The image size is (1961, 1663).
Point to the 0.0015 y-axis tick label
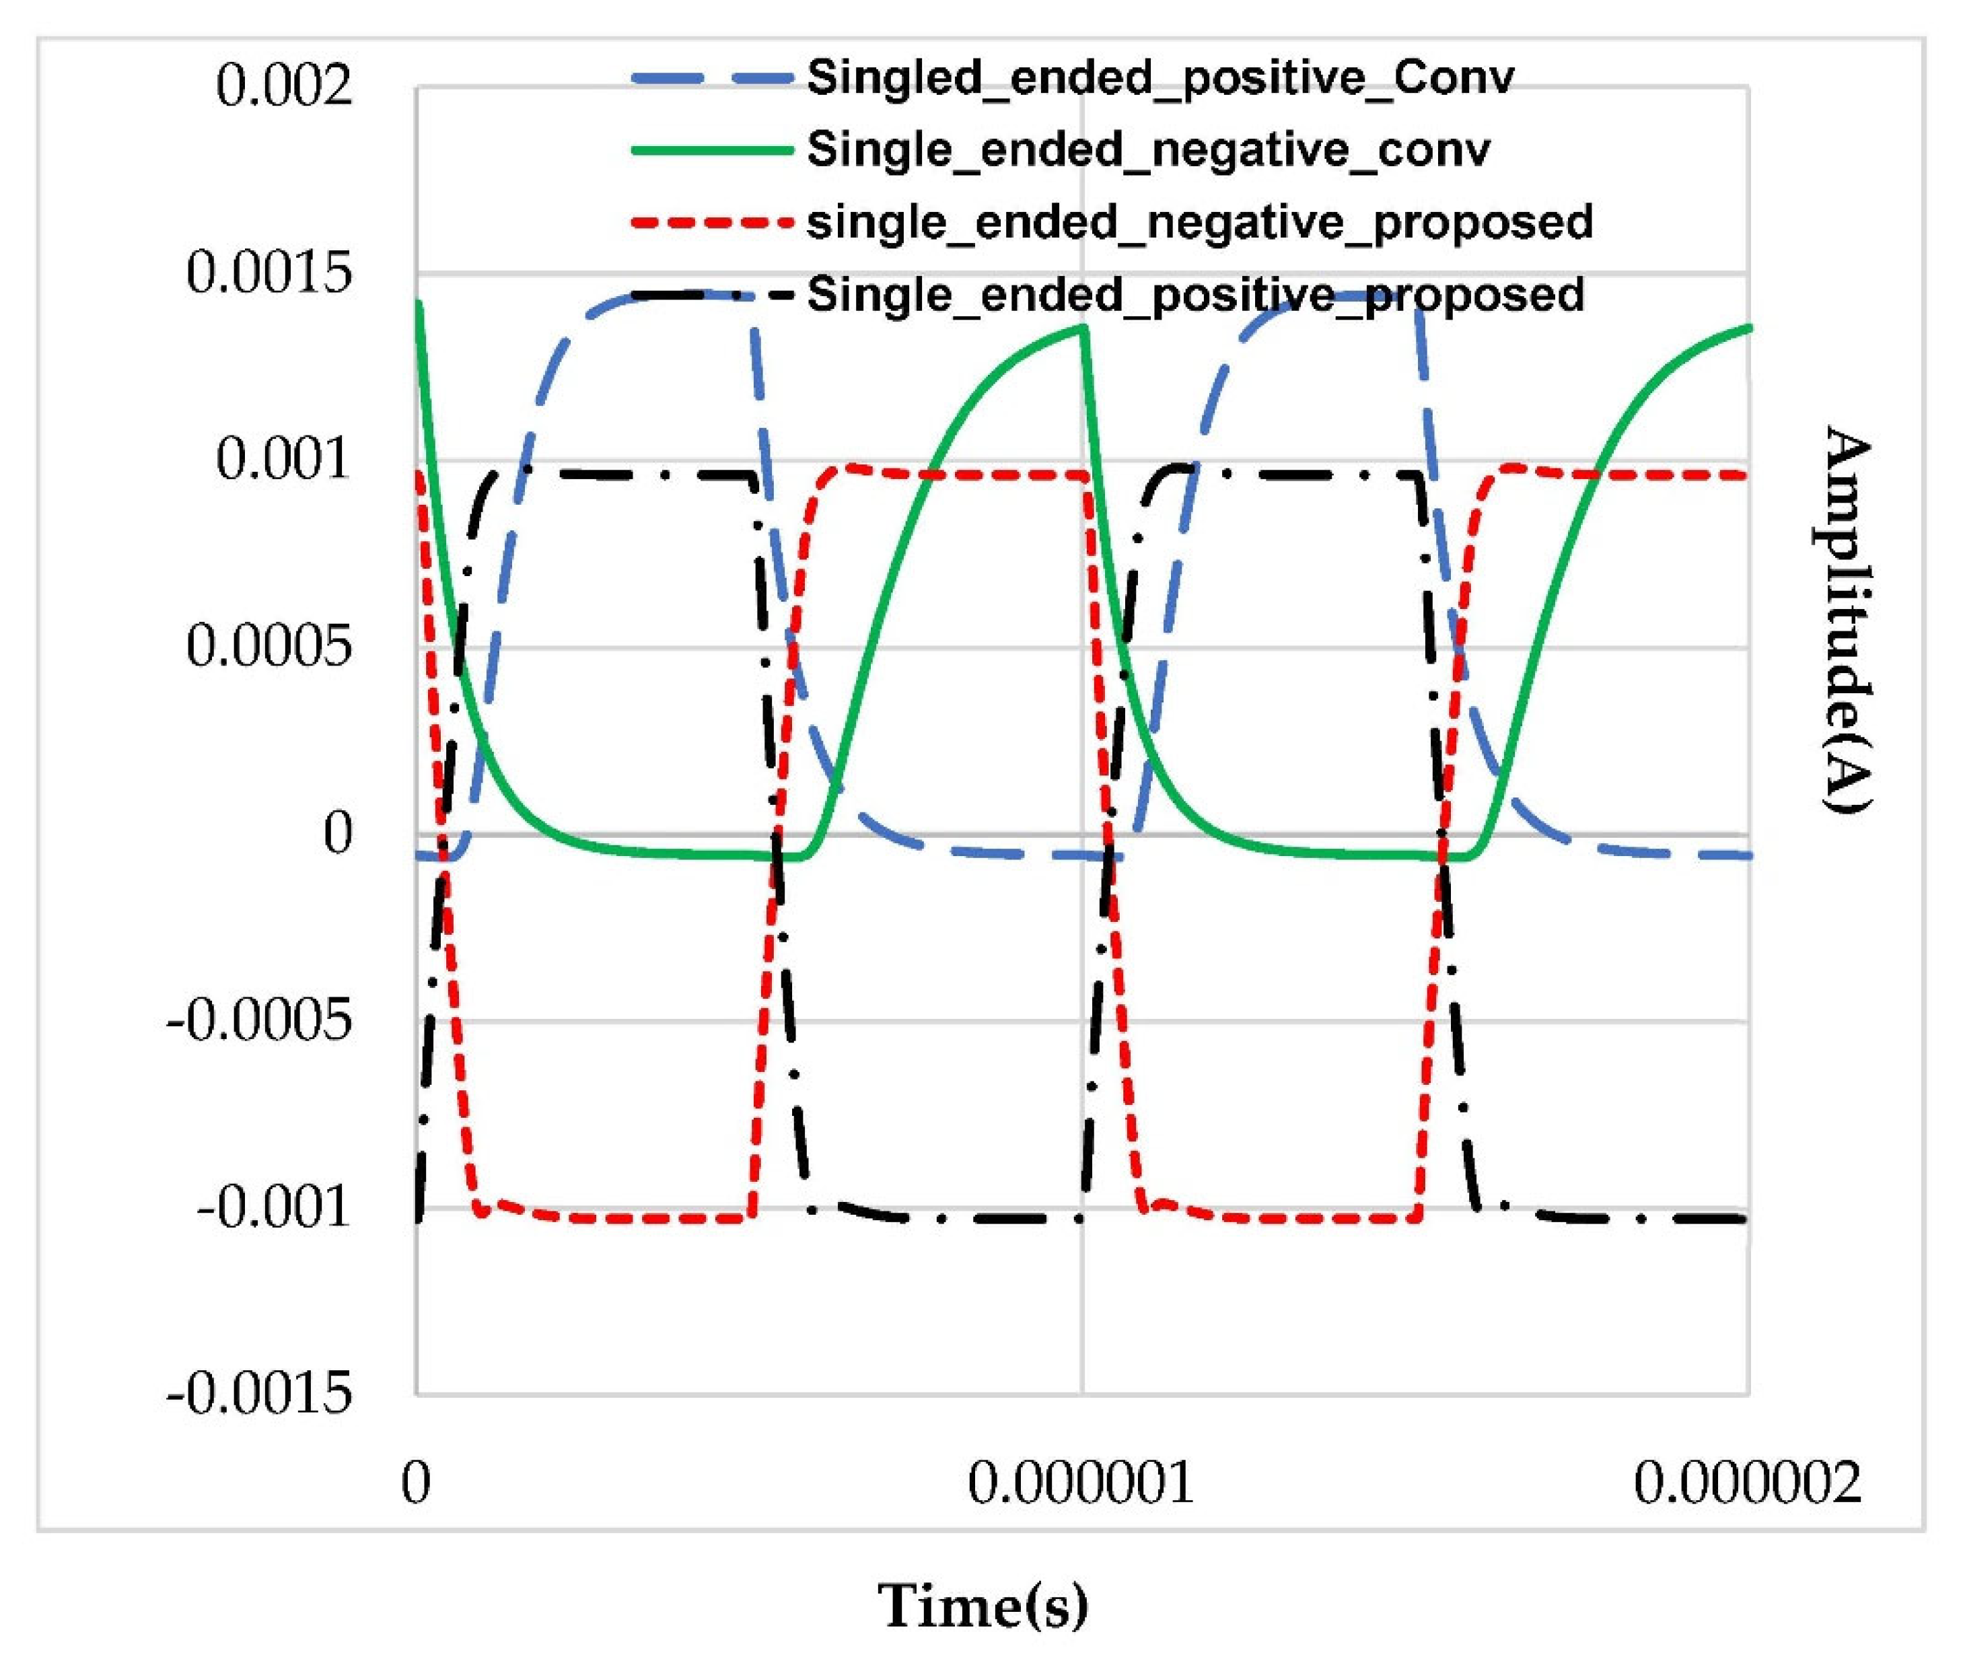coord(269,273)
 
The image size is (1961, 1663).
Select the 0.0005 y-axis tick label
coord(269,647)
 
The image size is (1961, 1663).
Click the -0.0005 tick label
coord(259,1020)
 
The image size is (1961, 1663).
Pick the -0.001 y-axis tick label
coord(273,1207)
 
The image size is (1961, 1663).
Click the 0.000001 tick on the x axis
coord(1081,1483)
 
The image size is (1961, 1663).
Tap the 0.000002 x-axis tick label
coord(1747,1483)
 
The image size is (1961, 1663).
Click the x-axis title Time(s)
coord(983,1606)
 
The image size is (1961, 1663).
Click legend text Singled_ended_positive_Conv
coord(1160,77)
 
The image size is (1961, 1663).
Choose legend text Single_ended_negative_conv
coord(1148,150)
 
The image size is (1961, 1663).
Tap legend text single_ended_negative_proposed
coord(1199,223)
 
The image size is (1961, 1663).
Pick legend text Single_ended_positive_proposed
coord(1195,294)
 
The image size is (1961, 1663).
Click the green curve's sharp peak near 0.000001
coord(1085,327)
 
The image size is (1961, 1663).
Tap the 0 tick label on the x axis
coord(416,1483)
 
